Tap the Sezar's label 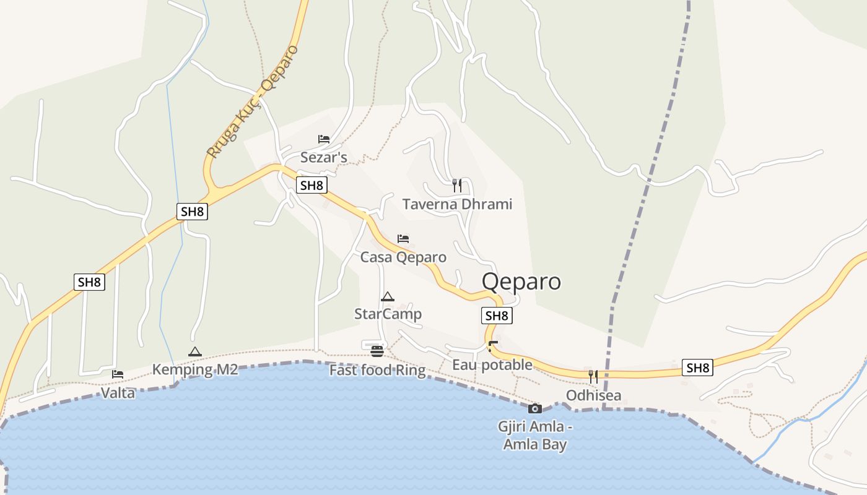point(323,157)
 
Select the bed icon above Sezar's point(323,139)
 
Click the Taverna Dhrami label point(457,204)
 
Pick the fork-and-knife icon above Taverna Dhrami point(457,185)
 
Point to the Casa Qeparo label point(403,257)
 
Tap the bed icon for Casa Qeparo point(403,238)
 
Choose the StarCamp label point(388,314)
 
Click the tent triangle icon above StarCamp point(388,296)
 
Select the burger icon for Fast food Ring point(377,351)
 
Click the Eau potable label point(492,364)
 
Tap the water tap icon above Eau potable point(493,345)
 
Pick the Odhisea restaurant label point(593,395)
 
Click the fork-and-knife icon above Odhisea point(593,376)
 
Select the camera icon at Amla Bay point(535,408)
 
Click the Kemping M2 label point(195,370)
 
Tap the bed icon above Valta point(118,374)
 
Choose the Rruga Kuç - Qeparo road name point(253,101)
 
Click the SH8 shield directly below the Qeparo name point(497,316)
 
